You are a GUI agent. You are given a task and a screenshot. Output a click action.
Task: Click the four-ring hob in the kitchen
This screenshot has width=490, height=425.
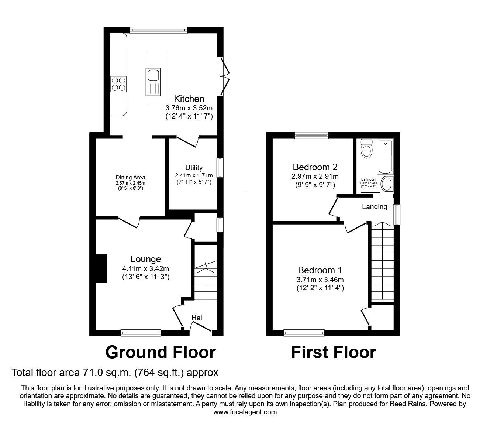click(x=118, y=83)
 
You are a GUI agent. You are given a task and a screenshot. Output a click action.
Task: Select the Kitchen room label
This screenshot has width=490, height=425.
click(x=189, y=99)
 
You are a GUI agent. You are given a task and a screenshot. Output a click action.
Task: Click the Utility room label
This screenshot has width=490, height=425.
click(x=194, y=168)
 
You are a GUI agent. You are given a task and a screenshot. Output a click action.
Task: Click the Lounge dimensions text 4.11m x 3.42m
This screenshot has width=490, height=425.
click(x=146, y=268)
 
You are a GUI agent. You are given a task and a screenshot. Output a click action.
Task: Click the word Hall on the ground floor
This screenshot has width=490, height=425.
click(x=197, y=318)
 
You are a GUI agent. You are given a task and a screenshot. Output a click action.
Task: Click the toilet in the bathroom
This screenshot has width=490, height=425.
click(x=366, y=149)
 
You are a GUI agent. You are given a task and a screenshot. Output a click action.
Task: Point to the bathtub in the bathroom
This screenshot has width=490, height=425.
click(x=385, y=157)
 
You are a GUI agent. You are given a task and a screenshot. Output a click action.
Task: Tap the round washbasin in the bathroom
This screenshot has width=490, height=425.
click(x=386, y=184)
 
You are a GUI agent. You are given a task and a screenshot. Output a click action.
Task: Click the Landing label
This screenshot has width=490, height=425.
click(x=375, y=207)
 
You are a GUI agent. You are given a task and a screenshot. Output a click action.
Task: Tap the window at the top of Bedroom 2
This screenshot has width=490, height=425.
click(x=311, y=136)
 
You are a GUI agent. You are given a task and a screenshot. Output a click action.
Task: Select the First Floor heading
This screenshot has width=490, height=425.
click(x=333, y=352)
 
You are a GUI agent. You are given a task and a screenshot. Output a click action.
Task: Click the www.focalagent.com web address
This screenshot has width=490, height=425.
click(x=245, y=412)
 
